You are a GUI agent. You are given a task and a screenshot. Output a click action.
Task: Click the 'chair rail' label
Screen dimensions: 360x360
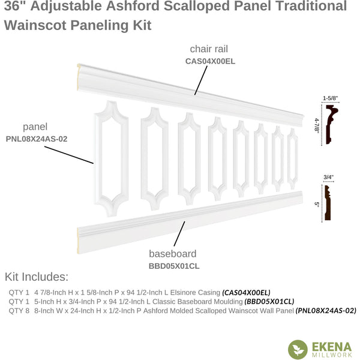(x=209, y=49)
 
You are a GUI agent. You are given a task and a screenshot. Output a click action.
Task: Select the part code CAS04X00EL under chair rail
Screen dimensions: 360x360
(x=211, y=61)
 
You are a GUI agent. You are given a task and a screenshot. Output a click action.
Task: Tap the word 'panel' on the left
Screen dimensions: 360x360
(x=35, y=127)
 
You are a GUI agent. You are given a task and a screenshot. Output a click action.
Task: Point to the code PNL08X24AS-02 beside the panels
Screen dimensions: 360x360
(x=37, y=139)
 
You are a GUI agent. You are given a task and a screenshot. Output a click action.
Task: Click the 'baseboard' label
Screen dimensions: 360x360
(x=173, y=254)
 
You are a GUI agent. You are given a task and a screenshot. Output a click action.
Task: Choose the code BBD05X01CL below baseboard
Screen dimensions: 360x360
(x=174, y=266)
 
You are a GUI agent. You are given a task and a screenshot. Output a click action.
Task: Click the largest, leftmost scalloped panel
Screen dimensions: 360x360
(x=112, y=158)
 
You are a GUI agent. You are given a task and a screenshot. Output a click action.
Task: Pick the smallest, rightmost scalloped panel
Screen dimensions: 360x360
(x=293, y=159)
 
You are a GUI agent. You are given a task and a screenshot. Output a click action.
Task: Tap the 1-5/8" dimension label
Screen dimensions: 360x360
(x=331, y=98)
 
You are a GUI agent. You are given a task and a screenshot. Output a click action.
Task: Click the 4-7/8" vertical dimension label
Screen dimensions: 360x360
(x=317, y=125)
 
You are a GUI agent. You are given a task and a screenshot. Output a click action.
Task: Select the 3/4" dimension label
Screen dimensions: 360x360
(x=328, y=177)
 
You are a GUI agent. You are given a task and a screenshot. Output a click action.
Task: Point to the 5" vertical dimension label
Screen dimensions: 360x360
(x=317, y=205)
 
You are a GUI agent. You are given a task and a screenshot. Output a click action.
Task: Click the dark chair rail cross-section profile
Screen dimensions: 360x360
(x=332, y=124)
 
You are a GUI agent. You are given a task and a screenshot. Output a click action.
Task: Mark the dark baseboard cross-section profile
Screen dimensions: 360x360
(x=328, y=203)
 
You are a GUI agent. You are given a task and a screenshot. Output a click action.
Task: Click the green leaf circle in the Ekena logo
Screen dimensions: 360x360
(x=298, y=349)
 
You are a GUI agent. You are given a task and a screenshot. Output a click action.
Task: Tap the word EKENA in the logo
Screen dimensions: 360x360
(x=332, y=347)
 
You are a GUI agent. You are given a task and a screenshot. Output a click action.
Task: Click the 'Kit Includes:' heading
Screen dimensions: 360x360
(x=37, y=277)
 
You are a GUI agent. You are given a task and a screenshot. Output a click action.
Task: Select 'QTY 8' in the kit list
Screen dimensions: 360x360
(x=19, y=311)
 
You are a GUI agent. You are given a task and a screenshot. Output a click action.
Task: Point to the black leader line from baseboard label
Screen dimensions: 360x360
(x=179, y=234)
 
